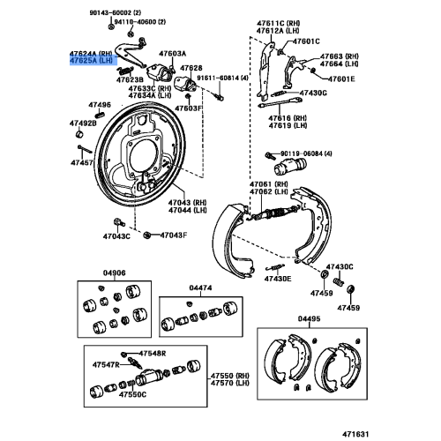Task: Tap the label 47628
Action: tap(191, 67)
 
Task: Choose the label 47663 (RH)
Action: tap(340, 56)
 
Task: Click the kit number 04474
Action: tap(200, 288)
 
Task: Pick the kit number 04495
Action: tap(310, 318)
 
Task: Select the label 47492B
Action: tap(84, 123)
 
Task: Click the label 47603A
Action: tap(173, 54)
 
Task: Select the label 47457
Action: tap(82, 163)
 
